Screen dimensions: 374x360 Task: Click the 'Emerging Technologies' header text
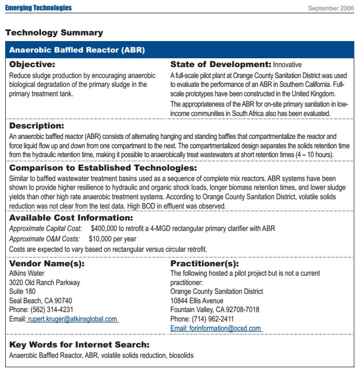(x=38, y=8)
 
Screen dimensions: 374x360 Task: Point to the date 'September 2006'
(x=331, y=8)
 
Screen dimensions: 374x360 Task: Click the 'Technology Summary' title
(x=54, y=33)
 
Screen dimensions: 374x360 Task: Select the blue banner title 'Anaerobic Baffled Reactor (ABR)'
(x=77, y=50)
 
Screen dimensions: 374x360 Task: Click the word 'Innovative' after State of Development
(x=287, y=65)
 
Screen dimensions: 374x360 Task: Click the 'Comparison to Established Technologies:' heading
(x=103, y=168)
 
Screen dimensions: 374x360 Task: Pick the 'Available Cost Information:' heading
(x=71, y=218)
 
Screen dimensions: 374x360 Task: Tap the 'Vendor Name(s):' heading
(x=47, y=264)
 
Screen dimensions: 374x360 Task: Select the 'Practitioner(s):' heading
(x=205, y=264)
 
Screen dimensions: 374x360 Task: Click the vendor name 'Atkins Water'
(x=27, y=273)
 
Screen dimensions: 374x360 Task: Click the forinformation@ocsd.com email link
(x=216, y=328)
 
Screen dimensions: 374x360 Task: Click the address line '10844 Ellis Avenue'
(x=197, y=301)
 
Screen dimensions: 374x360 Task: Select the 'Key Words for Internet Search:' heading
(x=79, y=345)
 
